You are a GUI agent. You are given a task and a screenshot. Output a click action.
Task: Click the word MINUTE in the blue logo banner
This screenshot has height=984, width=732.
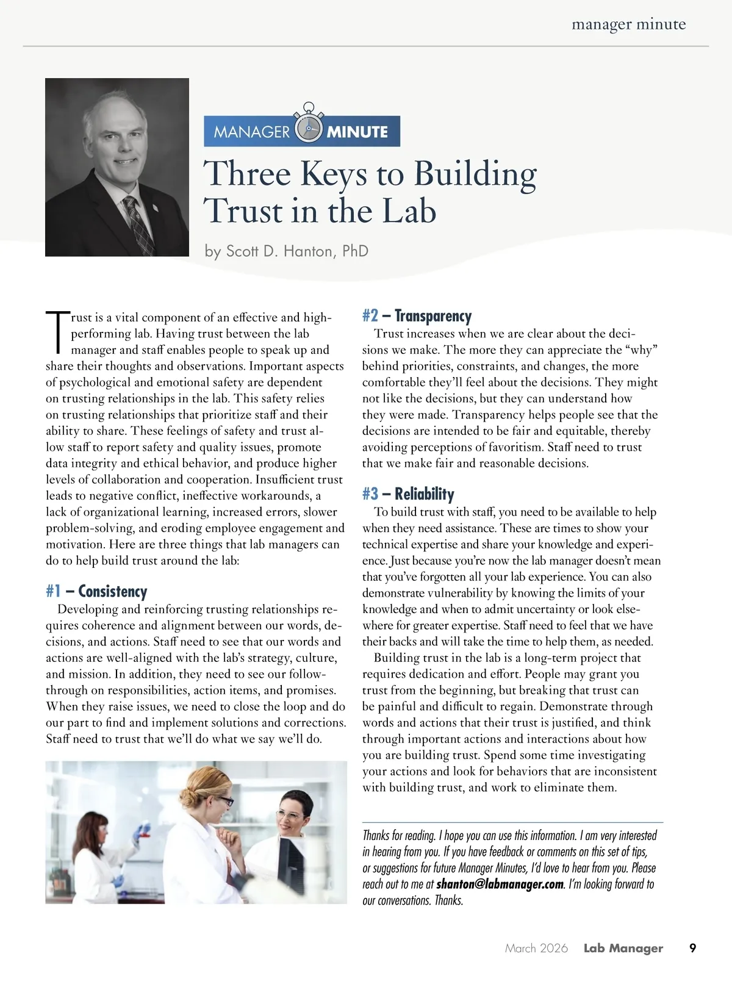click(x=357, y=132)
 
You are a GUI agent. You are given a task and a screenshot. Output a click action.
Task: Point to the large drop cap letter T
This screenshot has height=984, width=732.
click(x=57, y=332)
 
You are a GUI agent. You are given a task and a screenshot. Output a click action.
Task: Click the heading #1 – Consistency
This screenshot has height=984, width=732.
click(x=96, y=592)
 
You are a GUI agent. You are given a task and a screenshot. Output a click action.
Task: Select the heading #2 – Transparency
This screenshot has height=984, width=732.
click(x=417, y=316)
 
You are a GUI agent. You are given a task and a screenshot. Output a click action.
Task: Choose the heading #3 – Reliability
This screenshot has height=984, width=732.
click(x=408, y=494)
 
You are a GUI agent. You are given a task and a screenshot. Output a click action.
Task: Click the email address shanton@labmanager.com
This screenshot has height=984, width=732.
click(x=500, y=885)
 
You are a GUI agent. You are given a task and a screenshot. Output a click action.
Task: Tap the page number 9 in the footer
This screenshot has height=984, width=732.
click(x=692, y=948)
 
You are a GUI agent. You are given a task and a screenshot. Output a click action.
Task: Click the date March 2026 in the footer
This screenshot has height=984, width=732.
click(x=536, y=949)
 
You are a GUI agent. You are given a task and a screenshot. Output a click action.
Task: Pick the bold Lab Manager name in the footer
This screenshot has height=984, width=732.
click(x=623, y=949)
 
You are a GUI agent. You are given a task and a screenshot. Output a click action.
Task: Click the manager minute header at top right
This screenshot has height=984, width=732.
click(x=628, y=25)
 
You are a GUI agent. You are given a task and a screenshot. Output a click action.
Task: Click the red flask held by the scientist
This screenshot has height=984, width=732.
click(x=145, y=831)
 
